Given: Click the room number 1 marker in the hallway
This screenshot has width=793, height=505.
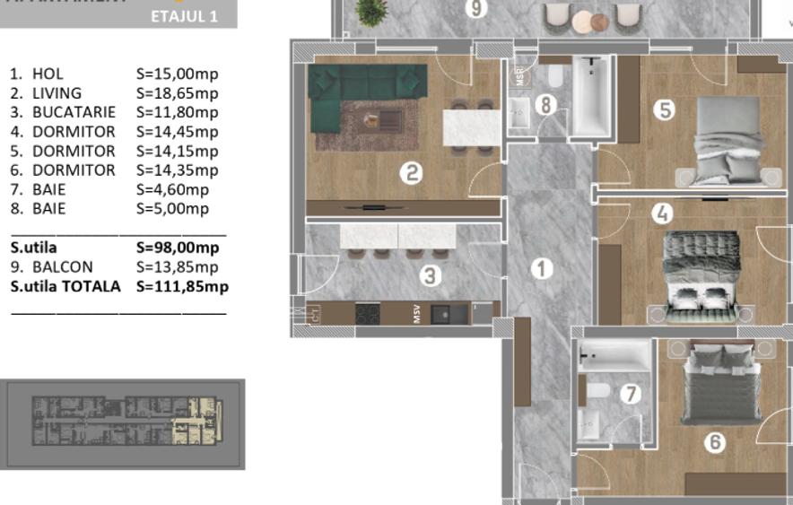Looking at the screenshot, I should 542,268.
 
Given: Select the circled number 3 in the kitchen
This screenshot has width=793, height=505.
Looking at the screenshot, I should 431,277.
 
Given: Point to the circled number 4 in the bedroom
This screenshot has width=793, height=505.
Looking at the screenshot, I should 662,214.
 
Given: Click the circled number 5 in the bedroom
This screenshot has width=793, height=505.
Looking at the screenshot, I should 664,110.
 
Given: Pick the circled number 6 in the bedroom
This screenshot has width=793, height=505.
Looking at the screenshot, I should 715,442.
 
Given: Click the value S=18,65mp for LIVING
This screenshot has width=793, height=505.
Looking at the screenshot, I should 177,93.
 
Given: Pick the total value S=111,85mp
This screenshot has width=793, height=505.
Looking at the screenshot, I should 182,287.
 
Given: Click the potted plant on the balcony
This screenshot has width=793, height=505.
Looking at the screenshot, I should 367,11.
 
